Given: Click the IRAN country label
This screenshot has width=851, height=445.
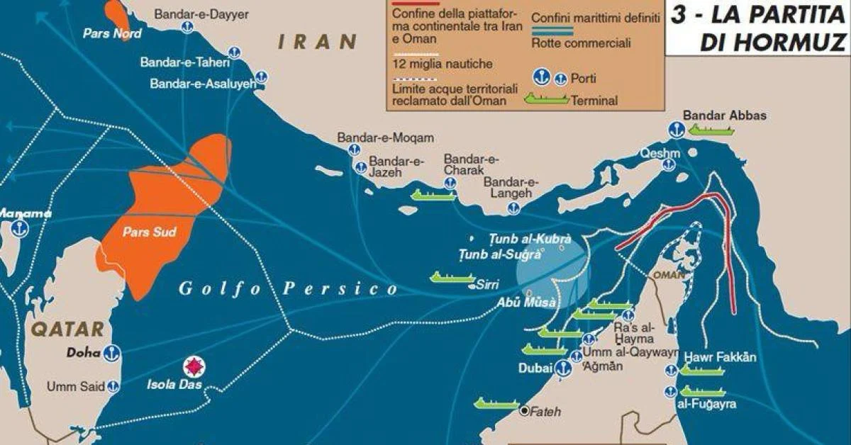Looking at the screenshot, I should tap(317, 42).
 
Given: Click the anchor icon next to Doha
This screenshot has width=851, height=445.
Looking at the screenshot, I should tap(111, 353).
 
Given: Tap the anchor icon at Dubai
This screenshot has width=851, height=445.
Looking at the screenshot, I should tap(562, 368).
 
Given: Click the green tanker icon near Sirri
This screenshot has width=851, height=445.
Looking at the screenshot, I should tap(451, 277).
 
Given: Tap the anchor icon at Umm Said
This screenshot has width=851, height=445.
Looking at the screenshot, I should tap(112, 387).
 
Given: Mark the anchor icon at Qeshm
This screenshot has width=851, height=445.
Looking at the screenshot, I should tap(668, 164).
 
